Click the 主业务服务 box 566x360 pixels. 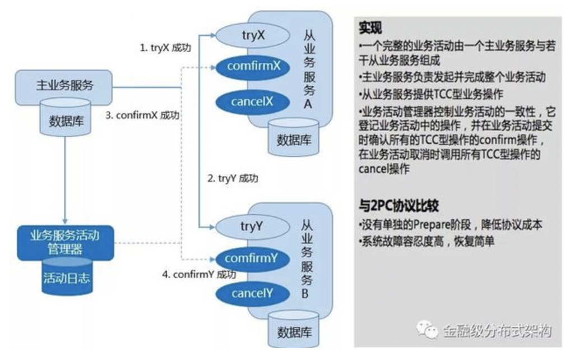click(64, 86)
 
